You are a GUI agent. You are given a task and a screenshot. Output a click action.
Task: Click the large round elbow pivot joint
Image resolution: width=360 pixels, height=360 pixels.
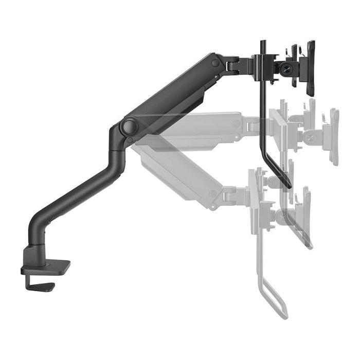point(128,126)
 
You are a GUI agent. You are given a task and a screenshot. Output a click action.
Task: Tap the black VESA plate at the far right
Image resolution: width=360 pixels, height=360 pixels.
point(310,68)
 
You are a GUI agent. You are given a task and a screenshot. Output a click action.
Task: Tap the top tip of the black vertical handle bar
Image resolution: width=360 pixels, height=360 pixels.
point(263,42)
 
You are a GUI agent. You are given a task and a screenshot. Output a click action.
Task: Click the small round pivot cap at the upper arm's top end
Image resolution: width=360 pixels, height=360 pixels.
point(215,63)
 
